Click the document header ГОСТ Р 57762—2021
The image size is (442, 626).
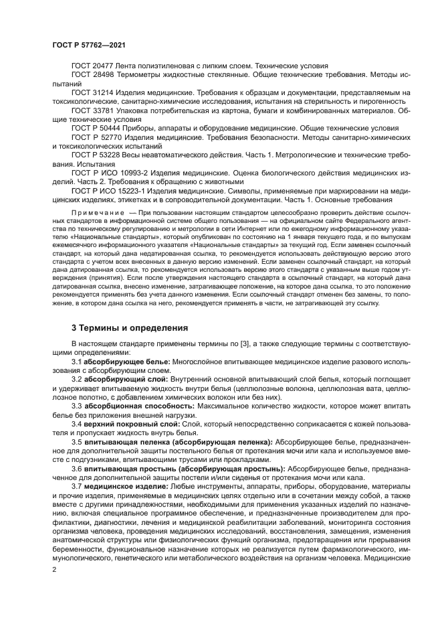pyautogui.click(x=89, y=44)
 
